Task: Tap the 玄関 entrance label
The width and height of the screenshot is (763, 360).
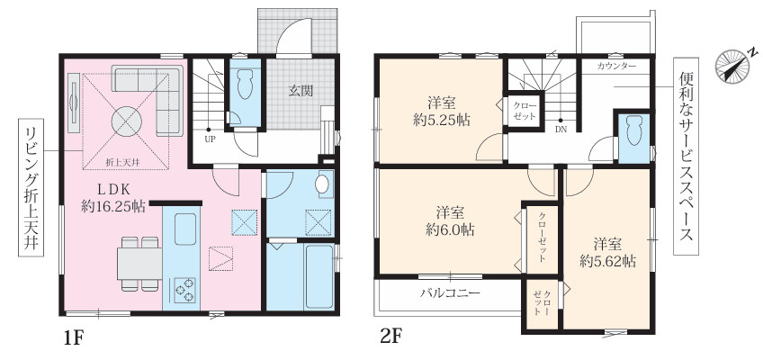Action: point(301,90)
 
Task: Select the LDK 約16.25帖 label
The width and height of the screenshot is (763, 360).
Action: point(113,198)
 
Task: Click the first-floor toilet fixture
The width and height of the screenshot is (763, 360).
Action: point(245,85)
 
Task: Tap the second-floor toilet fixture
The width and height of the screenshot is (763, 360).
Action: point(634,130)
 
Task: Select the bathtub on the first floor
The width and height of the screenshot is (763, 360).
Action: point(319,275)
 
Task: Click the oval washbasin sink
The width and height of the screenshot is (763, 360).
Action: point(321,184)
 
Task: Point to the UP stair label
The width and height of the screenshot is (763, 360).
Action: point(210,139)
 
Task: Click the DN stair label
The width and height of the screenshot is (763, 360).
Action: point(561,130)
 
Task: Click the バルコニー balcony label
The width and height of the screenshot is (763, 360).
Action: point(451,292)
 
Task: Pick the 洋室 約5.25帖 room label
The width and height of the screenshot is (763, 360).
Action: point(442,112)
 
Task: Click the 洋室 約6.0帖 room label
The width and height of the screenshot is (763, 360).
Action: point(450,221)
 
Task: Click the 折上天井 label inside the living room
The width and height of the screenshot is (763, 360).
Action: point(123,163)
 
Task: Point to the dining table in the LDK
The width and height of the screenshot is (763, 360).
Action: point(139,264)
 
